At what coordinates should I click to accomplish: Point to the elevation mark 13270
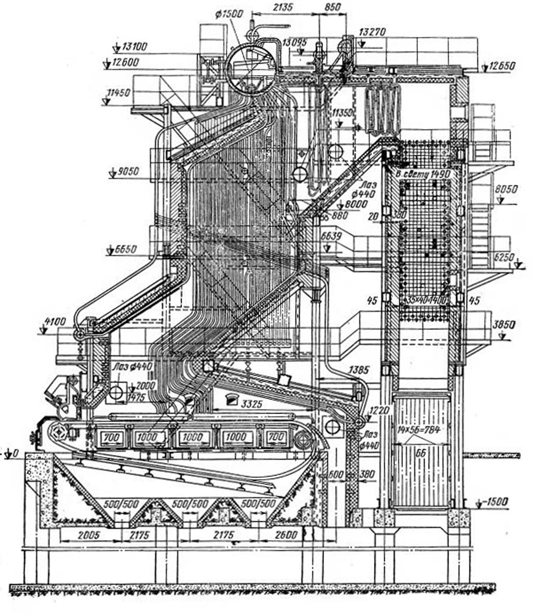click(372, 32)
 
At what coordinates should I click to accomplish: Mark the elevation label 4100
click(55, 322)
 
